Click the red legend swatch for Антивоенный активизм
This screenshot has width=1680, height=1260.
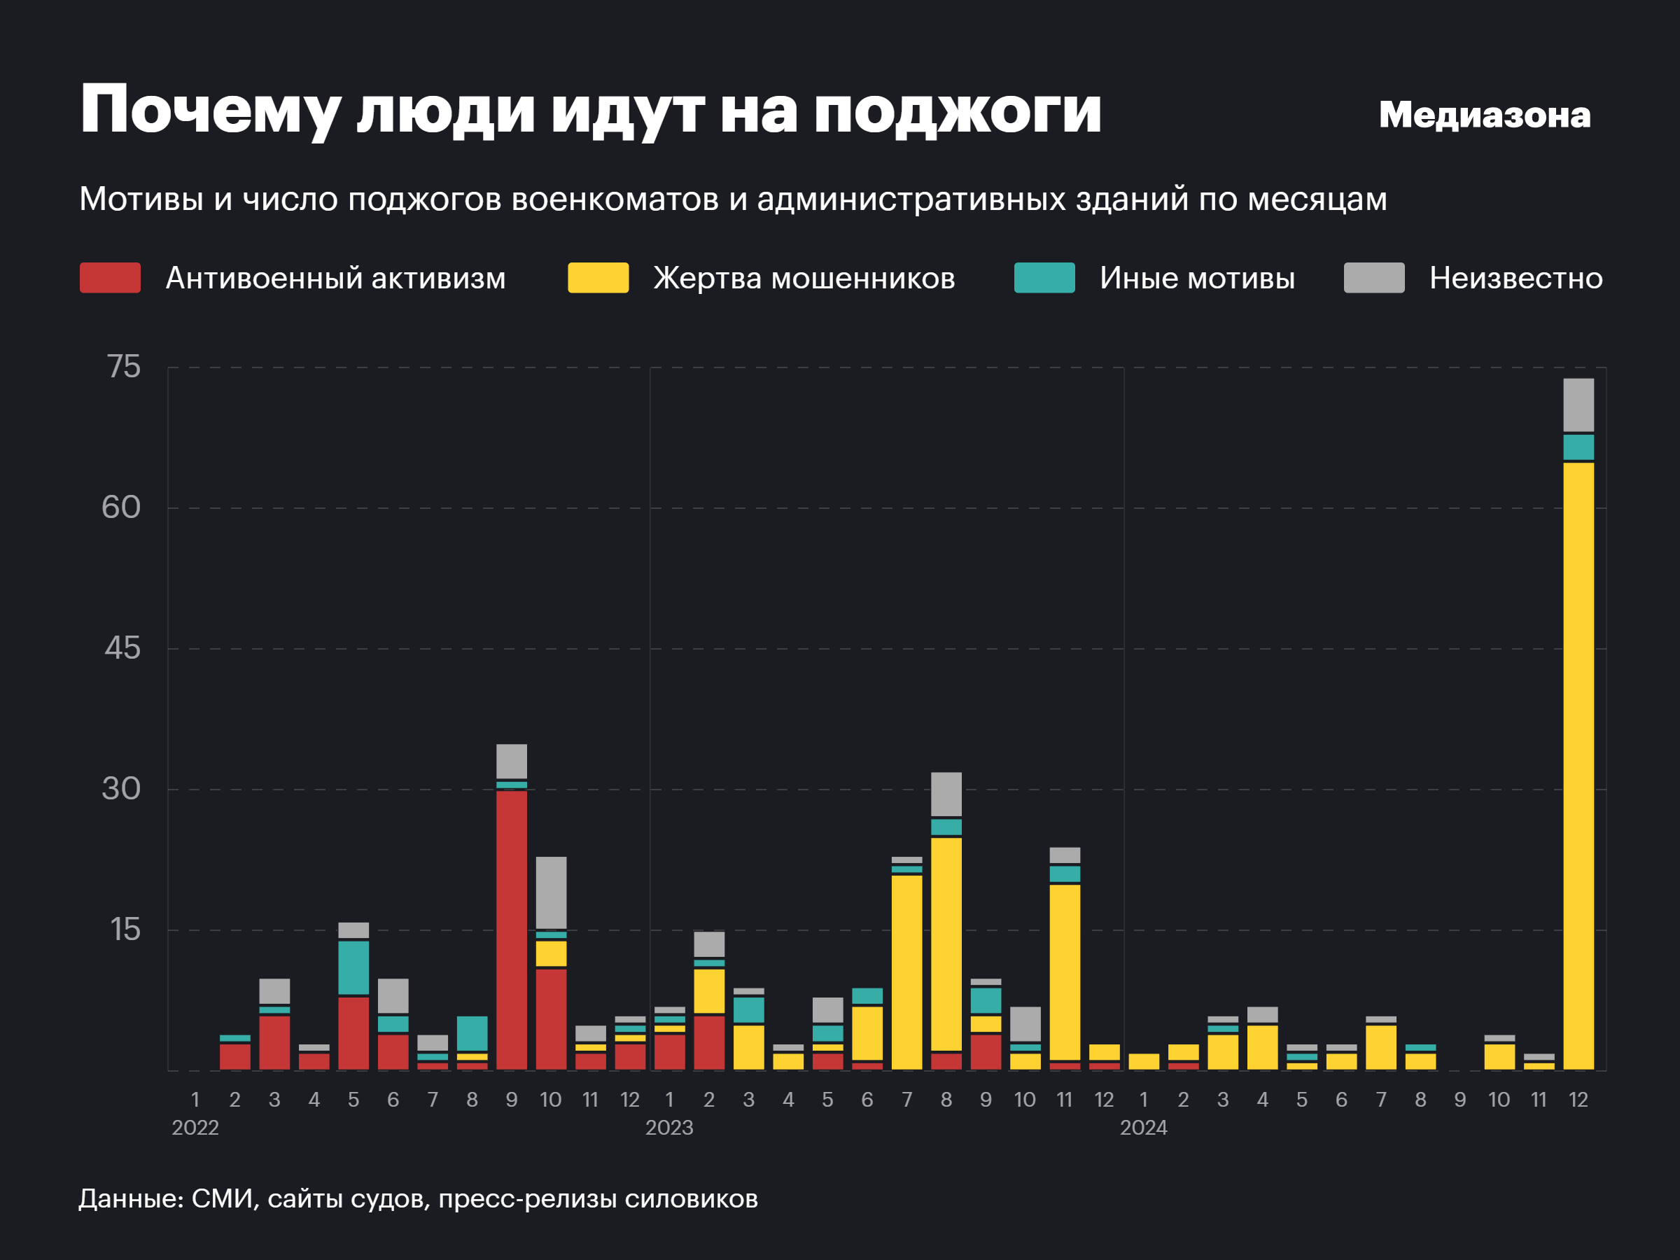tap(110, 278)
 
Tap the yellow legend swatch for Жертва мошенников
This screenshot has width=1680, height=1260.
tap(598, 278)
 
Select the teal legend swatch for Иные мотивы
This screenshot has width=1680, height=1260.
tap(1044, 278)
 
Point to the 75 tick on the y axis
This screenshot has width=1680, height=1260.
tap(124, 367)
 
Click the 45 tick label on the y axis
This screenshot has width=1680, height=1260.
tap(122, 649)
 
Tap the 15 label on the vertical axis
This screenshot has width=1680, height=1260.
tap(125, 930)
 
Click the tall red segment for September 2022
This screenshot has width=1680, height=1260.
tap(511, 930)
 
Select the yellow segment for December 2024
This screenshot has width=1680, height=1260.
tap(1578, 766)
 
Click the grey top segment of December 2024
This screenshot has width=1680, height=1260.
tap(1578, 405)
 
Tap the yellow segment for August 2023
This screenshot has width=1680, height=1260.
tap(946, 944)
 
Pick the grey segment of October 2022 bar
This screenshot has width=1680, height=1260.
tap(551, 892)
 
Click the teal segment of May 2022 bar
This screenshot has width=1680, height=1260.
tap(353, 967)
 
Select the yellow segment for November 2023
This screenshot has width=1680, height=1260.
tap(1064, 972)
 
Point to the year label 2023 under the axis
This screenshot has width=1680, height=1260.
tap(669, 1128)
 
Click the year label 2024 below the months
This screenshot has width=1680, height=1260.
tap(1143, 1128)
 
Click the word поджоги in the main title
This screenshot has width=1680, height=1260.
tap(957, 111)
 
